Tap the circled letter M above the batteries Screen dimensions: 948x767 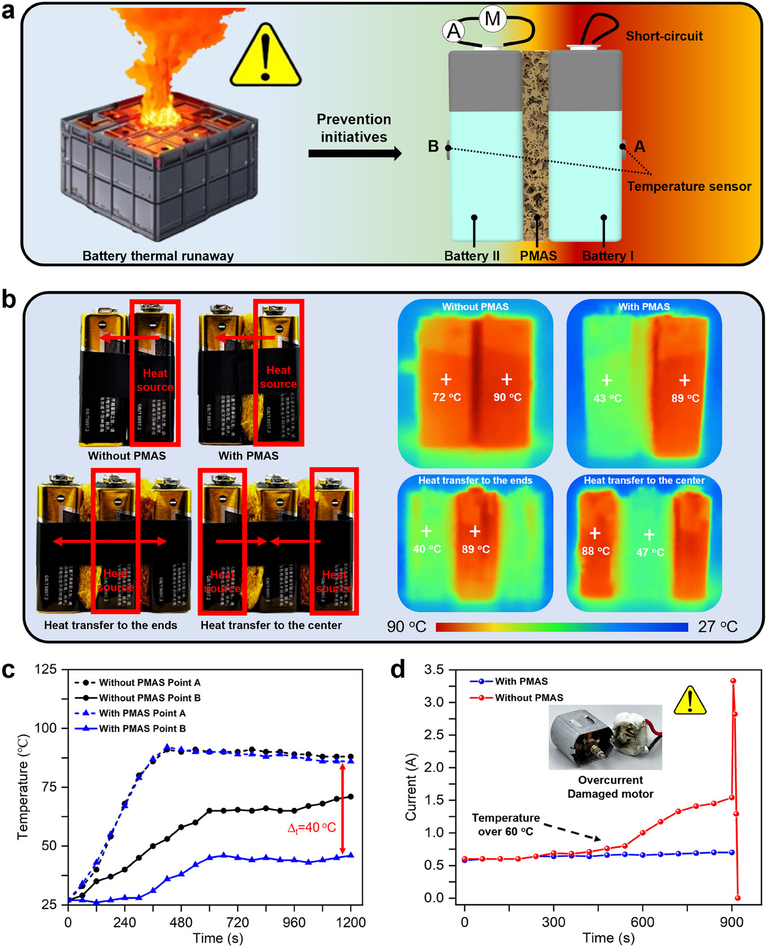click(x=492, y=19)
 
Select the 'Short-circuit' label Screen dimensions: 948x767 click(x=664, y=36)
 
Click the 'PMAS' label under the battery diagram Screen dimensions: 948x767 click(x=538, y=256)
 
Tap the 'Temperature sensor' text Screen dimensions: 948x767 click(x=689, y=187)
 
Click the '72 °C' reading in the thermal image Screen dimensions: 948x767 click(x=447, y=397)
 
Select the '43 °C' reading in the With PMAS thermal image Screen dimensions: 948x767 click(x=608, y=398)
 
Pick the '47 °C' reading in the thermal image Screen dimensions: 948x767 click(x=650, y=552)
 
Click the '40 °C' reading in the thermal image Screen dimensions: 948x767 click(x=427, y=549)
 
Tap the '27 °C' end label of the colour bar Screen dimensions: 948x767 click(x=718, y=627)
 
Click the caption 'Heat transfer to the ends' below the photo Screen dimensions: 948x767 click(x=111, y=625)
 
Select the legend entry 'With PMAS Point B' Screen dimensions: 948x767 click(x=142, y=729)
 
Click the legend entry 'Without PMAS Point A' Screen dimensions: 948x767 click(x=149, y=683)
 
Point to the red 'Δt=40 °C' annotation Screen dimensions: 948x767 click(x=312, y=828)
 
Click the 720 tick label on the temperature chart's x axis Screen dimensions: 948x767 click(x=237, y=923)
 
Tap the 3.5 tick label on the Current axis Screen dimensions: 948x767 click(x=434, y=670)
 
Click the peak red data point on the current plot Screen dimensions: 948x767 click(x=733, y=681)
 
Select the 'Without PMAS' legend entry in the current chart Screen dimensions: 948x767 click(x=529, y=697)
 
